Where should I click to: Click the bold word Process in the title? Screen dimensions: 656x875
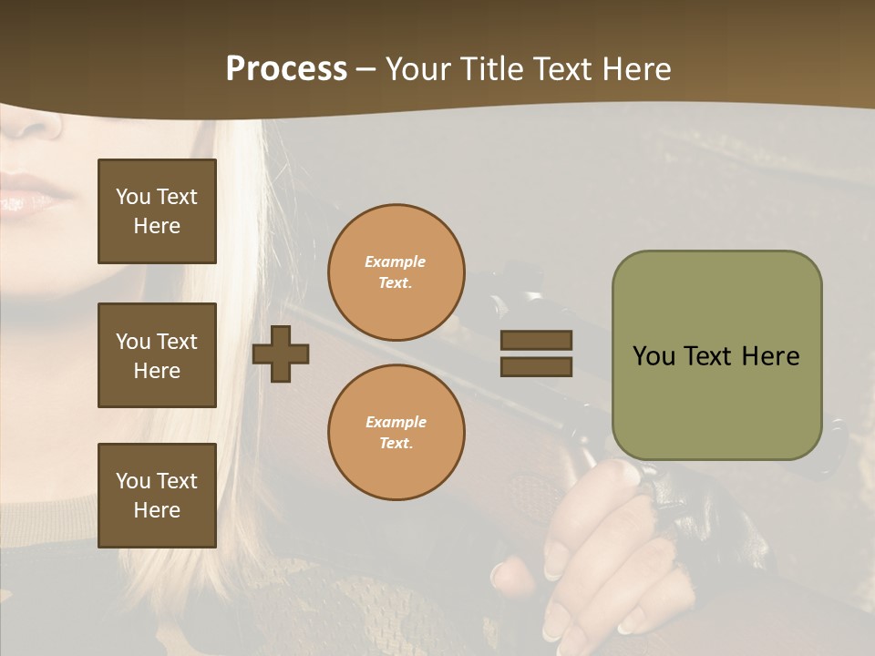286,69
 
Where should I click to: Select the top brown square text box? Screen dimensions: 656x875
157,211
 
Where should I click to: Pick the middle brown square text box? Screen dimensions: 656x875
157,355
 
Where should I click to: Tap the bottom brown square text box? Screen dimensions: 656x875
157,495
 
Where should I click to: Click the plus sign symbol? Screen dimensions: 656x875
281,354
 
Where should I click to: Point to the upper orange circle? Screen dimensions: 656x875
396,272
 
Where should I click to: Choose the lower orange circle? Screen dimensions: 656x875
396,433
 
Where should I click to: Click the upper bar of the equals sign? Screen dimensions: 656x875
536,340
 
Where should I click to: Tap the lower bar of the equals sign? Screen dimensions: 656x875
536,366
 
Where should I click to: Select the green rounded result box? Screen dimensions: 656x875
716,355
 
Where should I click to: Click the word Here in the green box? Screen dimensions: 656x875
770,356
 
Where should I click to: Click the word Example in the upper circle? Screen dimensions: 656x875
396,261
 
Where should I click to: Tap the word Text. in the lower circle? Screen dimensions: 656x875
396,444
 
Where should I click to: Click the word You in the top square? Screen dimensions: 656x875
132,197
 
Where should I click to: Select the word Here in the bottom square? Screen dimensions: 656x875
157,510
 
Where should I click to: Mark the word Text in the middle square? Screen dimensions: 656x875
176,342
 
